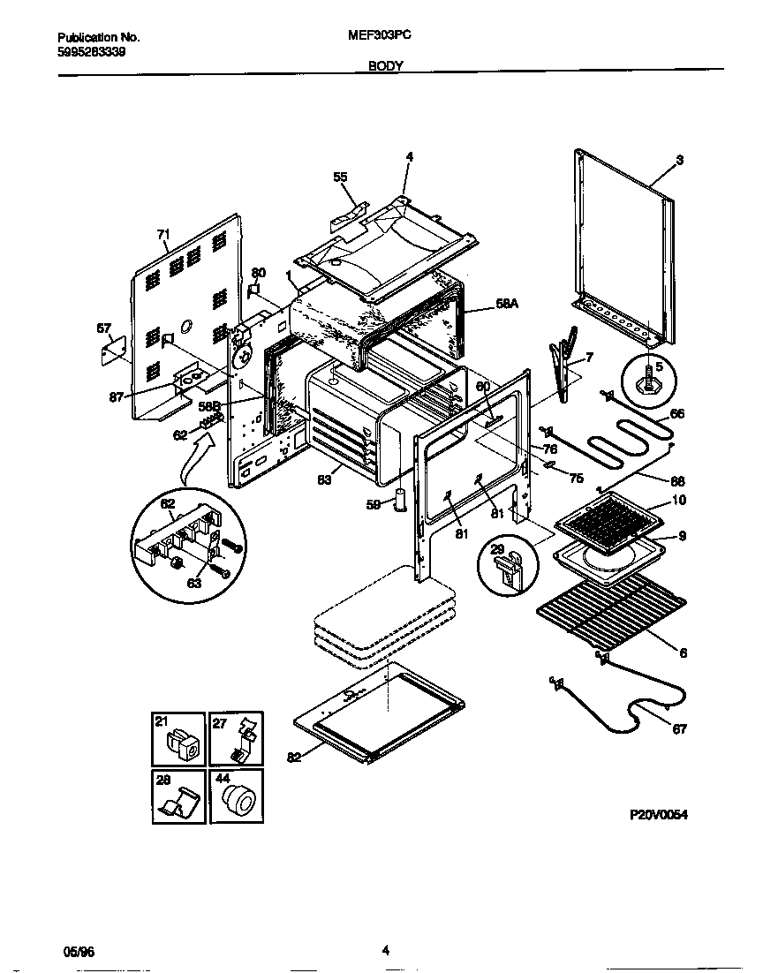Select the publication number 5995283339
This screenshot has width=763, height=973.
(91, 52)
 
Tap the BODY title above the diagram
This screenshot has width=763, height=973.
(386, 66)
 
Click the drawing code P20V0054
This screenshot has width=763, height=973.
(657, 815)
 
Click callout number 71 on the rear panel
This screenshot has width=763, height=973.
(162, 234)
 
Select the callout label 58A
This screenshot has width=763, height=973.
(507, 304)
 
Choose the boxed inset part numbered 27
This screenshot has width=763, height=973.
(238, 742)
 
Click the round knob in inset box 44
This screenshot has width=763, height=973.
(238, 800)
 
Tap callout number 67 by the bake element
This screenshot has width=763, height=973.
(678, 729)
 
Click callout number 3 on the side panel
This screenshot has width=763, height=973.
(679, 160)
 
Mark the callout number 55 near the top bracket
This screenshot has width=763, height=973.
(340, 177)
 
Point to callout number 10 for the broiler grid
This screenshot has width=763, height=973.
(679, 501)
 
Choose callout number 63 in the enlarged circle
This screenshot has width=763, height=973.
(193, 583)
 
